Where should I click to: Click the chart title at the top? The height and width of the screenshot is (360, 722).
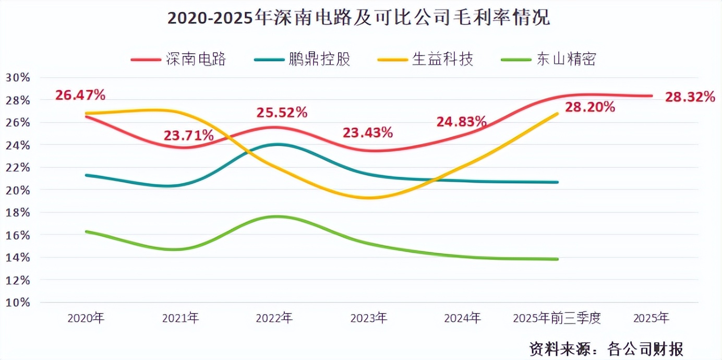coord(358,19)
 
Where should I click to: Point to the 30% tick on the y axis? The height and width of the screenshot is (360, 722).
coord(18,78)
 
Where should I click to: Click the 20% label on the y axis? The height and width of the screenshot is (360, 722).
coord(18,190)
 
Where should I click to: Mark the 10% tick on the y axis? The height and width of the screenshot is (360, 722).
coord(18,303)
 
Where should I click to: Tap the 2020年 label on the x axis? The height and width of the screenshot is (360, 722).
coord(86,318)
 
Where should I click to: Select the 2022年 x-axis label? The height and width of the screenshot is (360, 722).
coord(274,318)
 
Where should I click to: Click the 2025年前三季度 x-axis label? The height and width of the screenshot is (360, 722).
coord(557,318)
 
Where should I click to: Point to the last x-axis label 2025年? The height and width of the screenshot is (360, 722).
coord(651,318)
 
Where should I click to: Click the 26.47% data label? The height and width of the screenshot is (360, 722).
coord(80,95)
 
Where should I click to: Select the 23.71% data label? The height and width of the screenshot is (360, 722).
coord(189,136)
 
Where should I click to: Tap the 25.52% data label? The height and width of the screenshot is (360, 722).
coord(282,112)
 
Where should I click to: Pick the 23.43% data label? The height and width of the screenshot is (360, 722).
coord(368,133)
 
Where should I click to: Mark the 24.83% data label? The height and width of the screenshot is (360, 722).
coord(462,122)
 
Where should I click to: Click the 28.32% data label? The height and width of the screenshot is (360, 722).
coord(690,97)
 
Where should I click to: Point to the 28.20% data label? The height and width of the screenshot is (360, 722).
coord(590,107)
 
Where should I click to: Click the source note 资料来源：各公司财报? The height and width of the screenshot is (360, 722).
coord(606,348)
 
